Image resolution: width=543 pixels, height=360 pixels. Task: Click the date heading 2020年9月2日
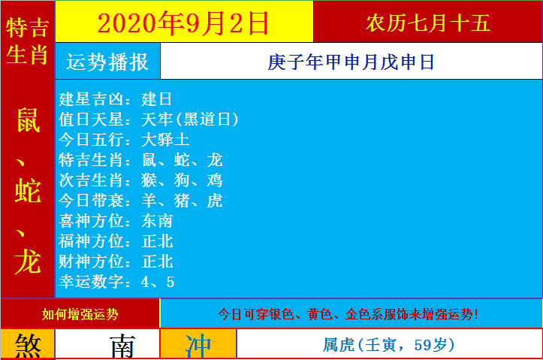tap(183, 23)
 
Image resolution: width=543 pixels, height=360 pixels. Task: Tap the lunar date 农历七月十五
tap(428, 23)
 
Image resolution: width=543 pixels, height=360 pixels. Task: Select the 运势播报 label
tap(107, 62)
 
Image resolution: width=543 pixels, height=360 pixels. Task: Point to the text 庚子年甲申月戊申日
tap(351, 62)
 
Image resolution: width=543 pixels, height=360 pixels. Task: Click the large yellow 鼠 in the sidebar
tap(28, 120)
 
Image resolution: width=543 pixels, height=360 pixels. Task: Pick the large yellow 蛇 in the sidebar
tap(28, 191)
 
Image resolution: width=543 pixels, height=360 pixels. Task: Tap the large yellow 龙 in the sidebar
tap(28, 262)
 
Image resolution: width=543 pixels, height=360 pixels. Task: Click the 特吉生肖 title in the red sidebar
tap(27, 41)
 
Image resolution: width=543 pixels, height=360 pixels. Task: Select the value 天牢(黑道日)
tap(190, 119)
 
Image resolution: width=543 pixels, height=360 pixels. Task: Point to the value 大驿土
tap(165, 140)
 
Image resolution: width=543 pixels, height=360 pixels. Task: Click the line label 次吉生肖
tap(91, 180)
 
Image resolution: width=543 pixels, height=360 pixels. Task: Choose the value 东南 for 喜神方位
tap(157, 221)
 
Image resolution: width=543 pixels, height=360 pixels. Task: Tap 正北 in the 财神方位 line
tap(157, 262)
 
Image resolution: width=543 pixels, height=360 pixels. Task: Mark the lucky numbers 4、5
tap(158, 282)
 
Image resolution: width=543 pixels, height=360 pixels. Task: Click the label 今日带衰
tap(91, 200)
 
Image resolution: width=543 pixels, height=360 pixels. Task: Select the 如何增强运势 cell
tap(80, 314)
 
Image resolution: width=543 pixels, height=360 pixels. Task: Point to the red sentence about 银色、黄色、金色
tap(348, 314)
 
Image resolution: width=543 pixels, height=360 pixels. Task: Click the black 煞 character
tap(28, 346)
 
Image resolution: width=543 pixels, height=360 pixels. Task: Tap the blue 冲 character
tap(198, 346)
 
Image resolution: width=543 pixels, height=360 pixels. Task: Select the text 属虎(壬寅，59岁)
tap(388, 345)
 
